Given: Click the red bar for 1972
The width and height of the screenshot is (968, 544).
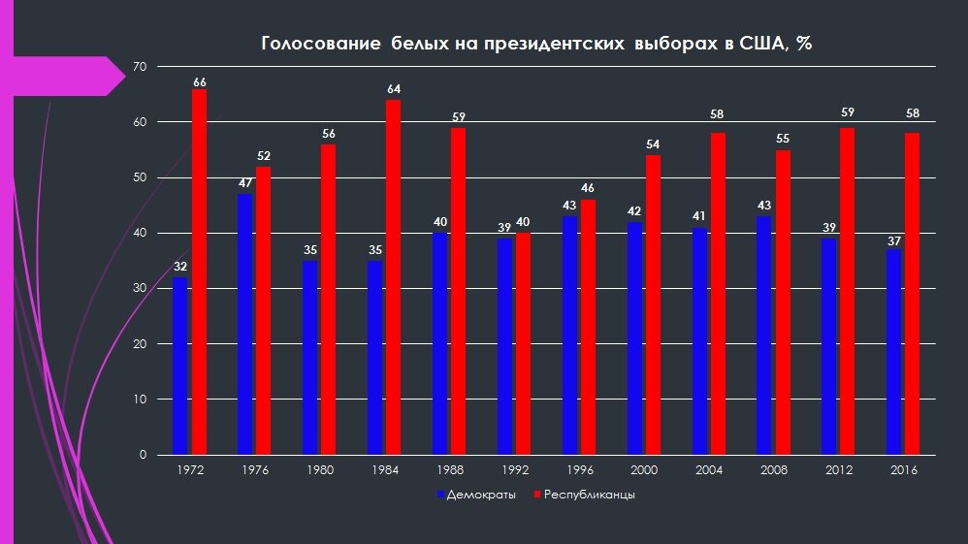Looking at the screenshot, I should tap(199, 272).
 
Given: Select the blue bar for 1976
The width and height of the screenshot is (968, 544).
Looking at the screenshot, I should tap(245, 324).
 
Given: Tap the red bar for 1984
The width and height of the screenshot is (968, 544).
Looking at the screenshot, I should tap(394, 277).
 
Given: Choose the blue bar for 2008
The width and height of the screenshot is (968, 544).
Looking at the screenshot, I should tap(764, 336).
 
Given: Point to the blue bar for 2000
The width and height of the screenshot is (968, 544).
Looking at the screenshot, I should tap(634, 338).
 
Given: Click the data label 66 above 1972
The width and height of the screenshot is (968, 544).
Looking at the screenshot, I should tap(199, 82).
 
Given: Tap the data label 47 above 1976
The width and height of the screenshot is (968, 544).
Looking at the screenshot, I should tap(245, 182).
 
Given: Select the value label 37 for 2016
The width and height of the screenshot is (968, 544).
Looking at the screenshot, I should tap(893, 239).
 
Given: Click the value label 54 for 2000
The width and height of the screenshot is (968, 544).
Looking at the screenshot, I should tap(653, 144).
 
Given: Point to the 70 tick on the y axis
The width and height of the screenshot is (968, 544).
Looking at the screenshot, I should tap(139, 67).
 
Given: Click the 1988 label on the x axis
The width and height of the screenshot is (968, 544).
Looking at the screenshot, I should tap(449, 470).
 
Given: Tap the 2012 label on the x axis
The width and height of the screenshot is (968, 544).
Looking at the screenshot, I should tap(838, 470).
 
